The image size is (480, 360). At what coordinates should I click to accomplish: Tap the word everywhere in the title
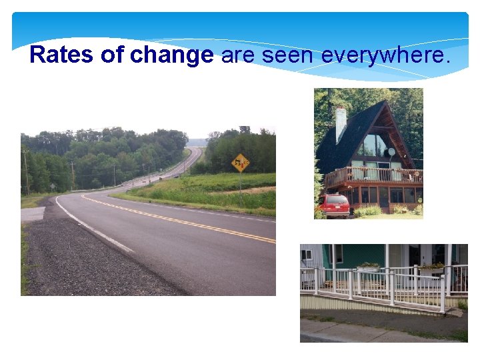(386, 55)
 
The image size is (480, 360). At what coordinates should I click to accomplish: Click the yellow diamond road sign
(240, 161)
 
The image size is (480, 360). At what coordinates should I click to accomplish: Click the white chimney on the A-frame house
(341, 123)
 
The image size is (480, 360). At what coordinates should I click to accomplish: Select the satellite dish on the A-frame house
(391, 152)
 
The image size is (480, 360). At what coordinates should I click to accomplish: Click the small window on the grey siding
(307, 255)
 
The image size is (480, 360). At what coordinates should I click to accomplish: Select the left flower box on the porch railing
(369, 267)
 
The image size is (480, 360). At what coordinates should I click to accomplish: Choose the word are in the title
(237, 55)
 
